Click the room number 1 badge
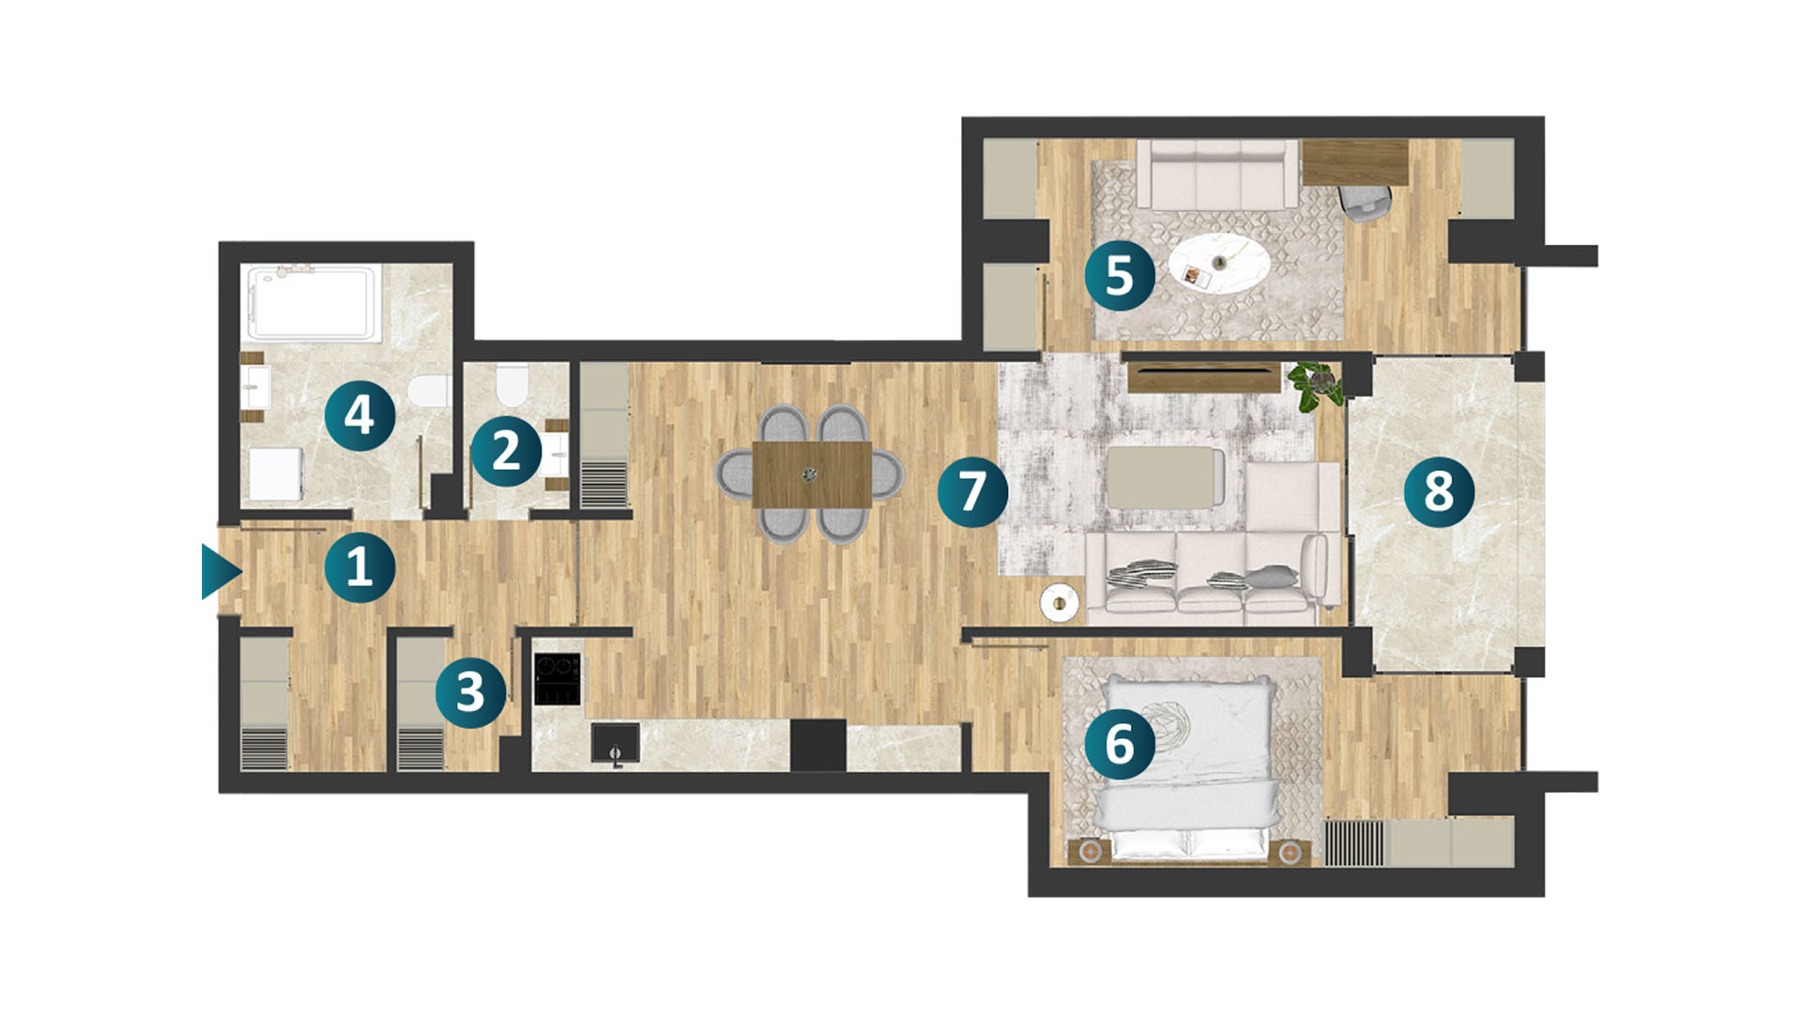(359, 567)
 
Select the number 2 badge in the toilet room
(506, 451)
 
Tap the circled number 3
(470, 692)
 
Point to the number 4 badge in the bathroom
(359, 416)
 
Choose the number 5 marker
(1120, 276)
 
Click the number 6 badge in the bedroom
(1120, 744)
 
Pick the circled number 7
(972, 491)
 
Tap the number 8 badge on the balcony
(1439, 491)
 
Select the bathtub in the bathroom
(313, 302)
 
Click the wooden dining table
(812, 475)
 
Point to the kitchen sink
(616, 743)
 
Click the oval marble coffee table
(1219, 263)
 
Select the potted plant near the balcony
(1314, 385)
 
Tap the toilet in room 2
(512, 384)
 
